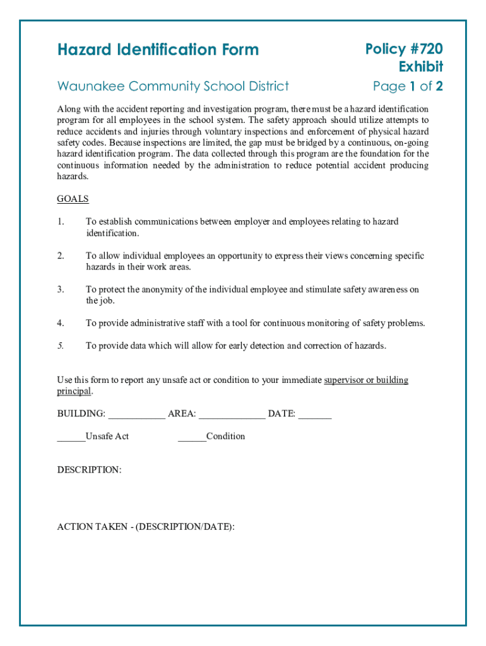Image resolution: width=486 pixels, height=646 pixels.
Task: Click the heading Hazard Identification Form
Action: [x=158, y=50]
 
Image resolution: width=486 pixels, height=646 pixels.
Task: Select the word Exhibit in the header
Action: [x=420, y=67]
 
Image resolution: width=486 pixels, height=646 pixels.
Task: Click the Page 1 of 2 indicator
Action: [x=407, y=86]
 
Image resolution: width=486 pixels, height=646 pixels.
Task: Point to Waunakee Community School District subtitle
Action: [x=173, y=86]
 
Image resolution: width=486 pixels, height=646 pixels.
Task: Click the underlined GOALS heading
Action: [x=73, y=199]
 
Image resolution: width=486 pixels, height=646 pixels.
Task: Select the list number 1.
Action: [x=61, y=221]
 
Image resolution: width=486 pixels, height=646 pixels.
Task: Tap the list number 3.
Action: [x=61, y=290]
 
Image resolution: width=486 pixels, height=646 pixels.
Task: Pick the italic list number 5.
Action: [x=61, y=346]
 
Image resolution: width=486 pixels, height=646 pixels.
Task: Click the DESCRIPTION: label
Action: [x=89, y=470]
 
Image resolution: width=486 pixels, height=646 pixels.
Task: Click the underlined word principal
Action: [x=74, y=391]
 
